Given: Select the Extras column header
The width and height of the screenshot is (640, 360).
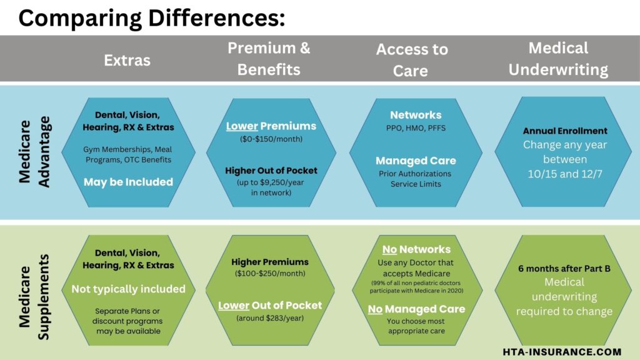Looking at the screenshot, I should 127,60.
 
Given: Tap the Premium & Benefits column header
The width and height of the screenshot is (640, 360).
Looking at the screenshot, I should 269,58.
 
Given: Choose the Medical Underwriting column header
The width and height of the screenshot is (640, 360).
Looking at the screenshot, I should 558,58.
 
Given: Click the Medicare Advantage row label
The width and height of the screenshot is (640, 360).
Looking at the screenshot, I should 34,151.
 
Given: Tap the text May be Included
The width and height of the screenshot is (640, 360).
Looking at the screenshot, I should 127,182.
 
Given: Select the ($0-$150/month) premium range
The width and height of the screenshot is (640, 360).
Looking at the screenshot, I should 271,139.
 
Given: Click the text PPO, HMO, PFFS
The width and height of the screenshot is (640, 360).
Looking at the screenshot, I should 416,129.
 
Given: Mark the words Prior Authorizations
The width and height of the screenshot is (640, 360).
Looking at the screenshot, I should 415,173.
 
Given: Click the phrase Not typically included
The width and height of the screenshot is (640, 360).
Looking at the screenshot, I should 128,289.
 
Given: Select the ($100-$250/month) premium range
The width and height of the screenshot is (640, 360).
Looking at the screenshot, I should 270,274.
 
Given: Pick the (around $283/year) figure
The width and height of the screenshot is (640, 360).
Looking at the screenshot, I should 270,318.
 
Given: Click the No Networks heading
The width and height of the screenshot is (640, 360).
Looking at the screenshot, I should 416,249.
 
